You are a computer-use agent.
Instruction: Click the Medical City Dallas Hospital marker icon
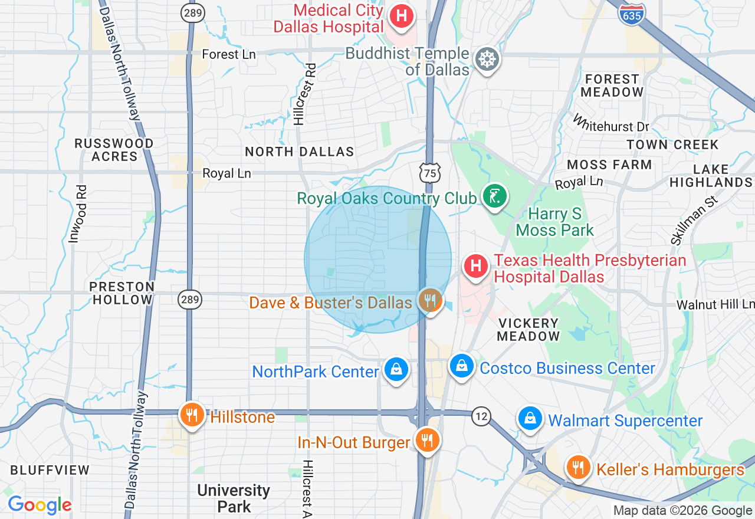(x=402, y=16)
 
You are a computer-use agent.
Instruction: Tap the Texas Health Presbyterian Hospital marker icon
(x=476, y=266)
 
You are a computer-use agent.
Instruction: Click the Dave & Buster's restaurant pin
(x=431, y=301)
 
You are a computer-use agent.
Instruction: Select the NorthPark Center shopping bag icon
(x=396, y=370)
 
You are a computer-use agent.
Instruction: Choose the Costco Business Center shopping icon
(x=462, y=366)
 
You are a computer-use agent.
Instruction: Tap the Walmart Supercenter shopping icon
(x=530, y=419)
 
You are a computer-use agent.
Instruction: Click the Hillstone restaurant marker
(x=192, y=415)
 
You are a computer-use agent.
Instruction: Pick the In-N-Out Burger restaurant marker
(x=425, y=440)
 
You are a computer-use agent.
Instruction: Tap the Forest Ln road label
(x=229, y=54)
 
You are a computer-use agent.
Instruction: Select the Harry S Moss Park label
(x=554, y=222)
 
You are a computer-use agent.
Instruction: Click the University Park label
(x=234, y=498)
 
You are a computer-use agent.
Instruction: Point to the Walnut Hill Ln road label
(x=715, y=304)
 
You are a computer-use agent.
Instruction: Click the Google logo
(x=40, y=505)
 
